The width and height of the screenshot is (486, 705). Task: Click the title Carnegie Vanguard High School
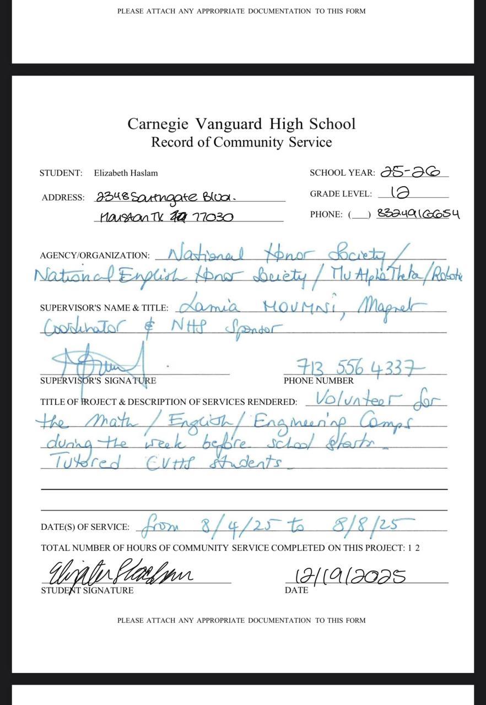click(x=241, y=123)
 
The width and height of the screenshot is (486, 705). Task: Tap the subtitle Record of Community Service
click(x=241, y=142)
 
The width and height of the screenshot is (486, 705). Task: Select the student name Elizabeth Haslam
click(x=126, y=173)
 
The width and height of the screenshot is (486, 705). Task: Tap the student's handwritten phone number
click(x=425, y=214)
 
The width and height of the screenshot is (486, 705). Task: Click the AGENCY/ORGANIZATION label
click(x=95, y=256)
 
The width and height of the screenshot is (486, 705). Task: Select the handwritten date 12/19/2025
click(x=351, y=576)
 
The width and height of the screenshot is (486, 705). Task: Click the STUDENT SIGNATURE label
click(x=87, y=590)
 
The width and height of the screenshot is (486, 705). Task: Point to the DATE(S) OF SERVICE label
click(x=85, y=527)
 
